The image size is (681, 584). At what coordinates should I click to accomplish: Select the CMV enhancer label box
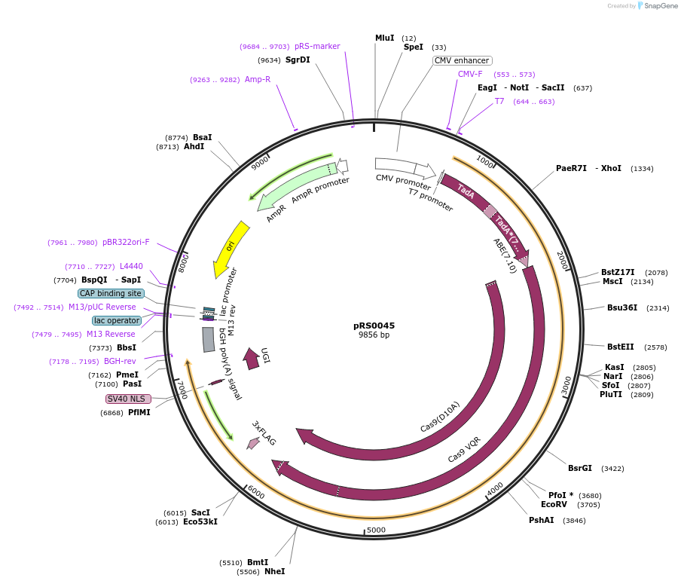click(462, 60)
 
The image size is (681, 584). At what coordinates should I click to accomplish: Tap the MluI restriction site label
click(384, 38)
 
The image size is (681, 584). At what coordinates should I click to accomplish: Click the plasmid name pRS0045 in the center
click(374, 326)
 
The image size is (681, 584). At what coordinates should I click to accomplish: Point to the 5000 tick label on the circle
click(376, 530)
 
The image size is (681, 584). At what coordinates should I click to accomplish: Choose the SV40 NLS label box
click(128, 399)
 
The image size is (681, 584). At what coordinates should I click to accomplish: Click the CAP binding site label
click(111, 293)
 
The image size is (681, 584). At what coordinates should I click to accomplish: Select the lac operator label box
click(117, 320)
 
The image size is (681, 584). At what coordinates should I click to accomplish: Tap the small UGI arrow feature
click(252, 359)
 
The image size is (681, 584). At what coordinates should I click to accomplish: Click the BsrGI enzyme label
click(581, 468)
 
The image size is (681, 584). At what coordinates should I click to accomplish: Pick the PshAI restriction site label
click(541, 520)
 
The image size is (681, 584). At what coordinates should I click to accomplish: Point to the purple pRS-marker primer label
click(317, 46)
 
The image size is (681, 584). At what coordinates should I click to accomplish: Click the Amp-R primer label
click(257, 79)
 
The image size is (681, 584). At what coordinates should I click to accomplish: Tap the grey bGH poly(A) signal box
click(209, 339)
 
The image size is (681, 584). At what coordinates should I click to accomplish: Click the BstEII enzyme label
click(620, 347)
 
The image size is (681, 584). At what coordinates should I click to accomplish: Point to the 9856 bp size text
click(374, 335)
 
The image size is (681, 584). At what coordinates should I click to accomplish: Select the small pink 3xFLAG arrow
click(253, 444)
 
